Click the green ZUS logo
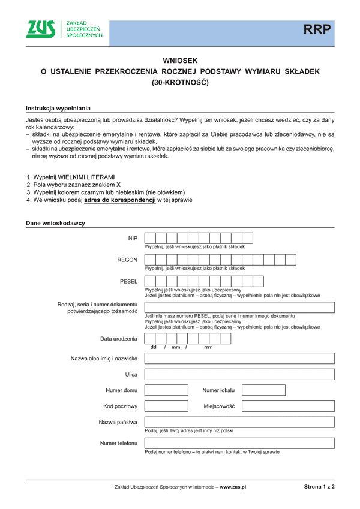point(40,28)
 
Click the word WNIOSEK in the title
point(180,61)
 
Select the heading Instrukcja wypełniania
point(58,108)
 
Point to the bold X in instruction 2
point(118,185)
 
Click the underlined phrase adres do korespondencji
point(116,200)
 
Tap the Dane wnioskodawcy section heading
point(55,223)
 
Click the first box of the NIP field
point(151,238)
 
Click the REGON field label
point(127,260)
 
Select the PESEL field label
point(128,281)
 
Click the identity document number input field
point(239,307)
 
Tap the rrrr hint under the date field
point(208,347)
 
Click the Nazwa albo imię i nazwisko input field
point(239,359)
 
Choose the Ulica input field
point(239,375)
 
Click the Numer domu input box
point(166,390)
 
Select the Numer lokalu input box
point(263,390)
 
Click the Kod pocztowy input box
point(166,406)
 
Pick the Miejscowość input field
point(288,406)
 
